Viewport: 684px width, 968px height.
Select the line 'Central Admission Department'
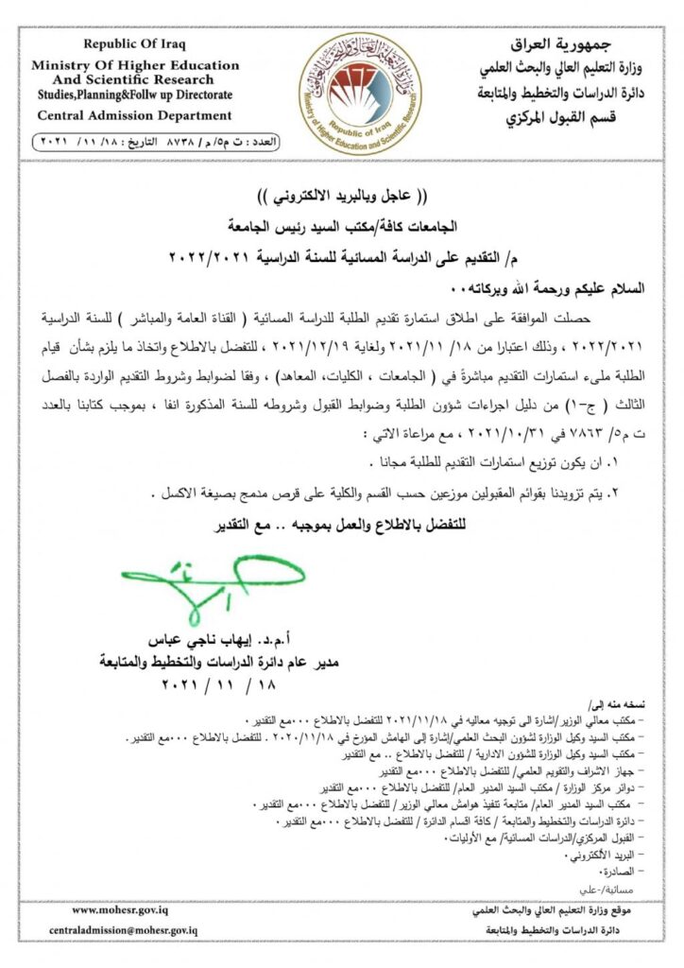pyautogui.click(x=133, y=115)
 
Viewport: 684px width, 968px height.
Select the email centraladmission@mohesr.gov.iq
pyautogui.click(x=123, y=930)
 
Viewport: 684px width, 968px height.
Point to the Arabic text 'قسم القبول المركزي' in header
pyautogui.click(x=557, y=117)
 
